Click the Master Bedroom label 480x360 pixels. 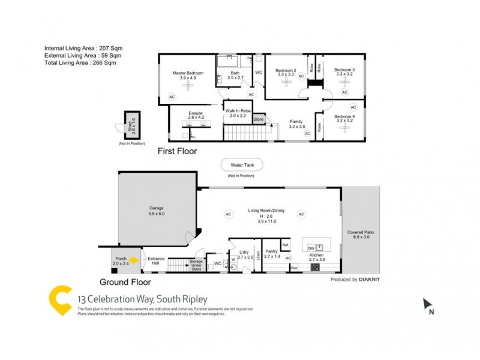[x=188, y=73]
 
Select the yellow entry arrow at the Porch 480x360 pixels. [x=134, y=260]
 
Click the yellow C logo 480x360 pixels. [x=60, y=300]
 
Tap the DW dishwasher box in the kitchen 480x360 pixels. [x=311, y=247]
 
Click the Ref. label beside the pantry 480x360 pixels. [x=286, y=245]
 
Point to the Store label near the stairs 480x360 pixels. [x=259, y=120]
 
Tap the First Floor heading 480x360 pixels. [x=177, y=151]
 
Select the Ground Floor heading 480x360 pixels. [x=125, y=281]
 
